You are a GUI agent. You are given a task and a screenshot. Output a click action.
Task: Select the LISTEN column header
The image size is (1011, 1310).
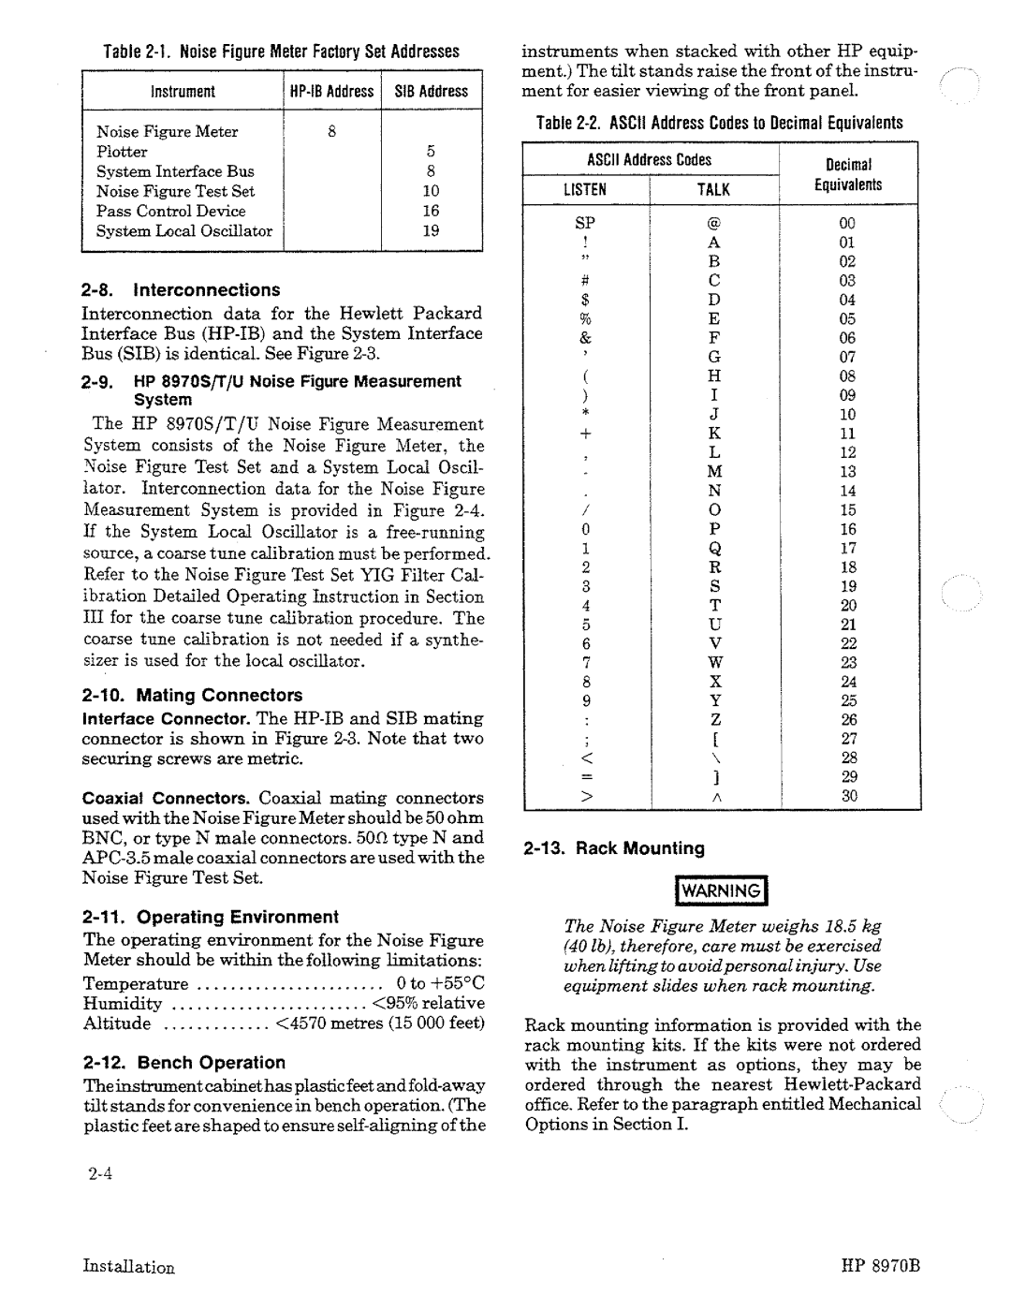pos(585,189)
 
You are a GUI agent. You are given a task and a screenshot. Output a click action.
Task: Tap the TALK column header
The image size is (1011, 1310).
pos(712,189)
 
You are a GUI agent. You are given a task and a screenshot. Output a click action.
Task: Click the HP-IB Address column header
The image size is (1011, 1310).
pos(331,91)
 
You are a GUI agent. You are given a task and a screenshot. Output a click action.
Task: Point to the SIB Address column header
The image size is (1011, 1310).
pos(431,91)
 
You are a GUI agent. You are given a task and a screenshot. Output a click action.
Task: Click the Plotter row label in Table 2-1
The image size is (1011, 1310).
pos(122,152)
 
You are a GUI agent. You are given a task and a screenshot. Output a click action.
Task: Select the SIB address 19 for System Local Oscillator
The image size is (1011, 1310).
pos(431,230)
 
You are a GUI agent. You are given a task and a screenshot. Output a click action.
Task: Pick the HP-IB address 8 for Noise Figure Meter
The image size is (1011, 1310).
pos(331,132)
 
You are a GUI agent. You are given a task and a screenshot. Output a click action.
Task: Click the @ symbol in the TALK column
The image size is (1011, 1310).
pos(713,223)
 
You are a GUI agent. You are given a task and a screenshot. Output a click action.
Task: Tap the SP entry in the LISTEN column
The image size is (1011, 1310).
pos(585,223)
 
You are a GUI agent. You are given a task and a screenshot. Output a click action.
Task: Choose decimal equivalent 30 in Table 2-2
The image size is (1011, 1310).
pos(847,796)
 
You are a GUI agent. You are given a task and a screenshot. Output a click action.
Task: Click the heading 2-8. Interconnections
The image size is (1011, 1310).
pos(181,290)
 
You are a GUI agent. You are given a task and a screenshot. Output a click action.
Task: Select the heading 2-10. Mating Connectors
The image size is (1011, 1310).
pos(192,695)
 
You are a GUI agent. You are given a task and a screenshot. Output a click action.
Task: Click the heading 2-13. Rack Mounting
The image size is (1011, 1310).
pos(614,848)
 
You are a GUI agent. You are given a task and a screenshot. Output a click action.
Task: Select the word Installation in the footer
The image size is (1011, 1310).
pos(128,1266)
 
